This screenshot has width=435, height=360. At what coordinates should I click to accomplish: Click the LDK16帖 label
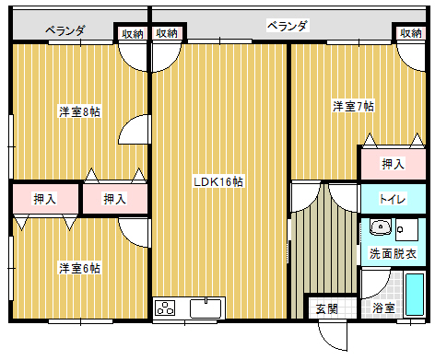click(x=218, y=181)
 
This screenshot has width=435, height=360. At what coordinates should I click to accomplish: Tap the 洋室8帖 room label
click(x=79, y=111)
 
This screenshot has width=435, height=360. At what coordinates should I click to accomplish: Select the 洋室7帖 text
click(x=353, y=106)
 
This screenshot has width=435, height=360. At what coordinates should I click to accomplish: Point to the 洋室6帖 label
click(x=79, y=268)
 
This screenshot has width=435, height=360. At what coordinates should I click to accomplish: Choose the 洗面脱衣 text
click(x=394, y=252)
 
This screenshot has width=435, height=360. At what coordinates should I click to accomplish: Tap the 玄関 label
click(x=326, y=308)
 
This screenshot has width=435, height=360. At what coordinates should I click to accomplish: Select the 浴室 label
click(x=383, y=308)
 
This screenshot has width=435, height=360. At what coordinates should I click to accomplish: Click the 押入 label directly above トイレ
click(x=394, y=164)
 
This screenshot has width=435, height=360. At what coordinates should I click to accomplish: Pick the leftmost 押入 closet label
click(x=44, y=198)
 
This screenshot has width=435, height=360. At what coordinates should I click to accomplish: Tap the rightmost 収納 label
click(x=411, y=33)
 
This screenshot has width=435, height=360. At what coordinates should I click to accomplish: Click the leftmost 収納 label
click(x=132, y=33)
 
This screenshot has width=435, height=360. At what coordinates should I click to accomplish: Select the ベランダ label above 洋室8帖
click(x=66, y=30)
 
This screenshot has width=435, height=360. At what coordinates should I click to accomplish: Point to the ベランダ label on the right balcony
click(x=288, y=25)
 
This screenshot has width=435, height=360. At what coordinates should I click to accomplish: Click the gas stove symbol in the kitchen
click(x=166, y=308)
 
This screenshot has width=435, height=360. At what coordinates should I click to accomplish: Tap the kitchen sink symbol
click(x=206, y=308)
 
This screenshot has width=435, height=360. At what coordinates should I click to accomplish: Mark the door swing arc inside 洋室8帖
click(x=135, y=130)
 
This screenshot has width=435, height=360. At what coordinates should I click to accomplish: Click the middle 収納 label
click(x=167, y=33)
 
